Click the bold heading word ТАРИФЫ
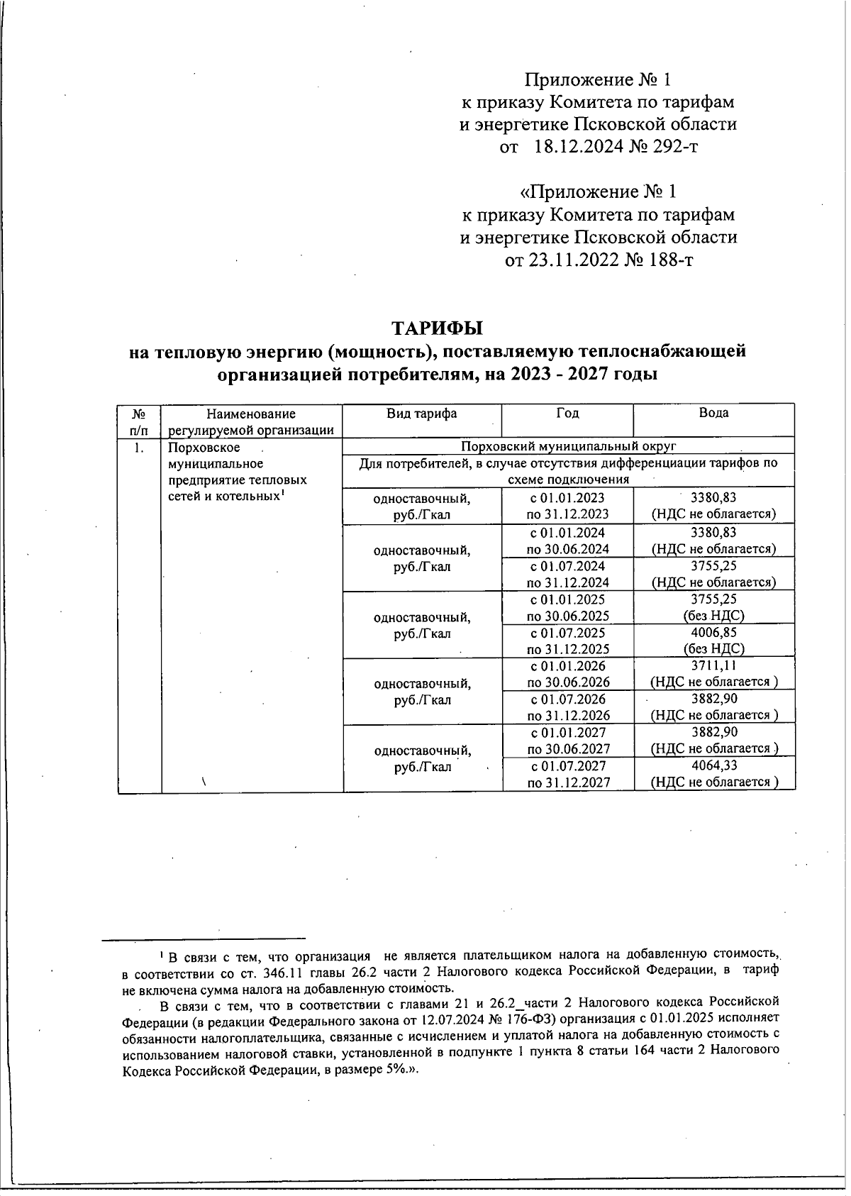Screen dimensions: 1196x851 point(438,328)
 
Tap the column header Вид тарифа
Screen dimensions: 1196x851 point(421,414)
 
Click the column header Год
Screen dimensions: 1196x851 point(567,414)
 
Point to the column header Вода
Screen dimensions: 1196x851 point(713,414)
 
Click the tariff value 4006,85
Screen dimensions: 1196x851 point(713,632)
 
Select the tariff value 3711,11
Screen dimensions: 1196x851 point(713,665)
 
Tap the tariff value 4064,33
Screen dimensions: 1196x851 point(713,765)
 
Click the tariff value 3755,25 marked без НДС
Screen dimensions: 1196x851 point(713,599)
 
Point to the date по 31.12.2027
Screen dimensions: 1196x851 point(568,782)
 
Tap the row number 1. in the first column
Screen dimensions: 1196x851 point(139,448)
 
